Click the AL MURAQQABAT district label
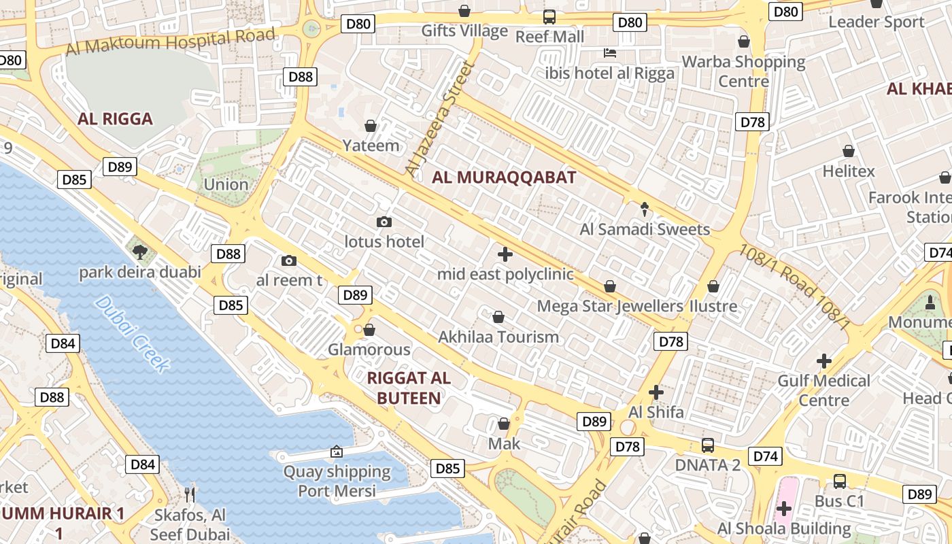click(504, 178)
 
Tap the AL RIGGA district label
click(115, 119)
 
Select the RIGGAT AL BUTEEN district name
click(408, 388)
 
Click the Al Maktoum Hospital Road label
click(171, 41)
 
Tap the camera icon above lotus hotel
click(384, 222)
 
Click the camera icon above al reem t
click(288, 261)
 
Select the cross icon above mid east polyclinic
click(505, 255)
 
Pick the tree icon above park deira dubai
click(140, 252)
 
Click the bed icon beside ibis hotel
click(610, 53)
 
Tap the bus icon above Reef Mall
click(549, 17)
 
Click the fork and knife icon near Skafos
click(190, 494)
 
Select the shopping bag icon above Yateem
click(371, 126)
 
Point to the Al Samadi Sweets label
click(645, 229)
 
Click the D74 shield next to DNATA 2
click(765, 456)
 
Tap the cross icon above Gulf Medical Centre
click(824, 360)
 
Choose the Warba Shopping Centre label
click(743, 71)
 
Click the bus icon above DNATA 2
click(708, 445)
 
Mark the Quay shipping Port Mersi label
click(337, 481)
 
